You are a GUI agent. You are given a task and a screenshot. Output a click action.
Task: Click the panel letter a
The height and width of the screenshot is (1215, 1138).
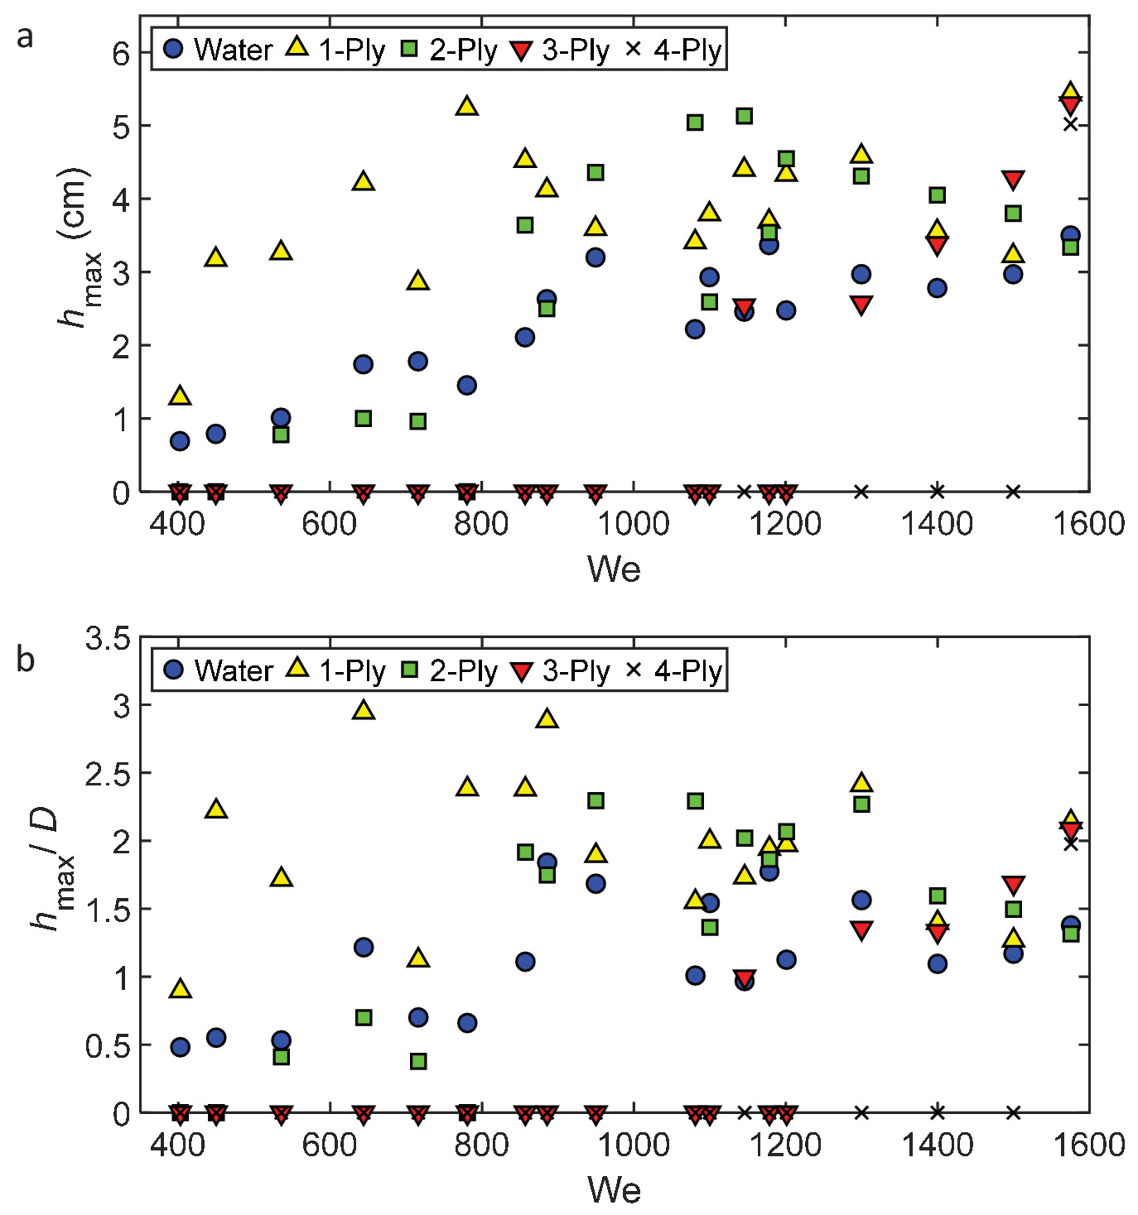click(26, 37)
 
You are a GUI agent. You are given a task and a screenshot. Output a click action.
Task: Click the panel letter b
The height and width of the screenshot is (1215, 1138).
click(26, 660)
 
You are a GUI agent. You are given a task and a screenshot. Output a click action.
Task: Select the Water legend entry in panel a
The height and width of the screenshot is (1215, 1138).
click(219, 50)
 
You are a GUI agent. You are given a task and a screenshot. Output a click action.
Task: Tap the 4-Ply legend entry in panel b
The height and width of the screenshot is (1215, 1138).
click(673, 670)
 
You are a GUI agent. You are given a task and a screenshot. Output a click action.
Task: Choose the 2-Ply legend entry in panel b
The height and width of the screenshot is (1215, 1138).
click(450, 670)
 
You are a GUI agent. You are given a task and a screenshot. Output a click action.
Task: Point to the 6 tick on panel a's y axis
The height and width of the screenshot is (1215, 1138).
click(121, 54)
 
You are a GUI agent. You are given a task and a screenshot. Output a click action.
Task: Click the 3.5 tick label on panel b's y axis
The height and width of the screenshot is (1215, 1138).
click(108, 638)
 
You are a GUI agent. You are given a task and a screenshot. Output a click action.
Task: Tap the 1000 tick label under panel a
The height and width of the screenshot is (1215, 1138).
click(634, 525)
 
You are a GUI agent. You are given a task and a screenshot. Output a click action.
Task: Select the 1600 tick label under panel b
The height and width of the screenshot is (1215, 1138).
click(1088, 1145)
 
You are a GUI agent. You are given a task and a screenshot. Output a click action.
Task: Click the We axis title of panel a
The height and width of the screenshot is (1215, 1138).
click(614, 569)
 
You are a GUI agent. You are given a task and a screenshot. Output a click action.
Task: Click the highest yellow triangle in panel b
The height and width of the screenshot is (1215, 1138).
click(364, 709)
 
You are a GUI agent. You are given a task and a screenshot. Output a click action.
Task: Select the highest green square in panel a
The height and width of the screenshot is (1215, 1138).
click(744, 116)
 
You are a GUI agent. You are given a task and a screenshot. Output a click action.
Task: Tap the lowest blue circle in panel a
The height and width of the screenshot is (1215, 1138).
click(180, 441)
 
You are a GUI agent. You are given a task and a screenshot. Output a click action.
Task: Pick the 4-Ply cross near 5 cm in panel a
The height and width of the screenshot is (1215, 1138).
click(1070, 124)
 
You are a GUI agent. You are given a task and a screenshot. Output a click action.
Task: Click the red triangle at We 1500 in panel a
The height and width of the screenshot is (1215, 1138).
click(1012, 180)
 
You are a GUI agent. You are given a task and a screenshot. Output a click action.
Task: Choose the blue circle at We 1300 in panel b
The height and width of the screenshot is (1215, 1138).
click(861, 900)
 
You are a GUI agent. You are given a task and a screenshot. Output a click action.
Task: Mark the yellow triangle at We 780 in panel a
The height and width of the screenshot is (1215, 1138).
click(467, 106)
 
